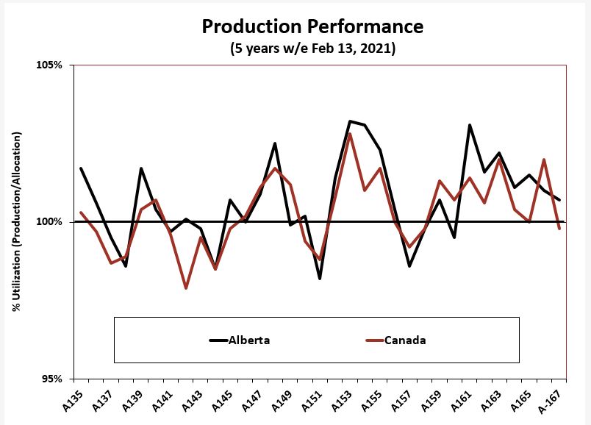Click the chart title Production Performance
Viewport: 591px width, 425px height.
[312, 27]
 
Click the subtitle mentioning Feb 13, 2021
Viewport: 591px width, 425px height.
[312, 49]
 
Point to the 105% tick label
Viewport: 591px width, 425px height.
[49, 65]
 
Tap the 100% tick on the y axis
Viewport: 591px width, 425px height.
[49, 222]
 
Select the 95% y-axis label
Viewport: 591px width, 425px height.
[51, 379]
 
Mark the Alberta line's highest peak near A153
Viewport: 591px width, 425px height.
[350, 121]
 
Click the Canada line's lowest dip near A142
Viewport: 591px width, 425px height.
[186, 288]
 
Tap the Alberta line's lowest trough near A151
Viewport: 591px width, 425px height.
[320, 279]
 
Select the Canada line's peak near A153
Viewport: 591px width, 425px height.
[350, 134]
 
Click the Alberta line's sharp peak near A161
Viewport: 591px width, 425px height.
[470, 125]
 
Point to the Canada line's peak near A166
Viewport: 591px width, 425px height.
[544, 160]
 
